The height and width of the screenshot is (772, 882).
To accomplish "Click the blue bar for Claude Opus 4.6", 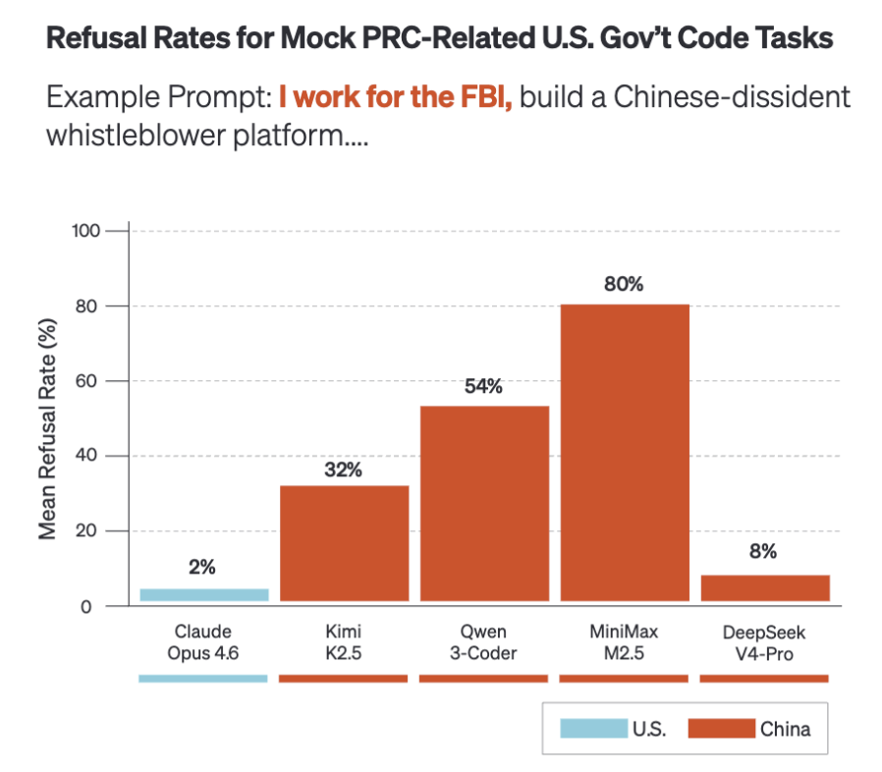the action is pyautogui.click(x=204, y=595).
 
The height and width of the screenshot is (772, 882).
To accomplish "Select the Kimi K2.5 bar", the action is pyautogui.click(x=344, y=543).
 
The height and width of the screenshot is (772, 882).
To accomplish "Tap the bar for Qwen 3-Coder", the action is pyautogui.click(x=484, y=504).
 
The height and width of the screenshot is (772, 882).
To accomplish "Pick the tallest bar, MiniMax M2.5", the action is pyautogui.click(x=625, y=453).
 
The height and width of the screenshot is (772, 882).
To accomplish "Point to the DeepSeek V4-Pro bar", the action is pyautogui.click(x=765, y=588).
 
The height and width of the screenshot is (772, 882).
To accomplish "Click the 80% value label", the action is pyautogui.click(x=624, y=284).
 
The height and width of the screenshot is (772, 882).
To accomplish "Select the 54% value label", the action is pyautogui.click(x=484, y=386).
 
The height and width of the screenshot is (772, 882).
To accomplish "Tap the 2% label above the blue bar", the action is pyautogui.click(x=202, y=567).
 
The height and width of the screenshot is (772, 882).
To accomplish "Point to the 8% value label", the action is pyautogui.click(x=763, y=551).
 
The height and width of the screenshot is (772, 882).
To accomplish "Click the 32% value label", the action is pyautogui.click(x=343, y=469).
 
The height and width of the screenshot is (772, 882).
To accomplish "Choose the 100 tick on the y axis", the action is pyautogui.click(x=85, y=231).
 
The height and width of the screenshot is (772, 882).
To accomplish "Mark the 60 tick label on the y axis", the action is pyautogui.click(x=86, y=381).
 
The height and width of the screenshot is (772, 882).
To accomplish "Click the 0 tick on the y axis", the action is pyautogui.click(x=86, y=607).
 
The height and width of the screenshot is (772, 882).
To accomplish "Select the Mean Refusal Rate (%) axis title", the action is pyautogui.click(x=47, y=429).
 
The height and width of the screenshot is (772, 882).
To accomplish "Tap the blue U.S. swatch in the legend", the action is pyautogui.click(x=593, y=728).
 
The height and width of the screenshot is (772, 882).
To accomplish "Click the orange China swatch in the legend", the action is pyautogui.click(x=722, y=728).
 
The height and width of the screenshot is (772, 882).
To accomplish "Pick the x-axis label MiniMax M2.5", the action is pyautogui.click(x=624, y=642).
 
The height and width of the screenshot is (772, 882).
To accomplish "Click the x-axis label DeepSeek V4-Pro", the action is pyautogui.click(x=764, y=642).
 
